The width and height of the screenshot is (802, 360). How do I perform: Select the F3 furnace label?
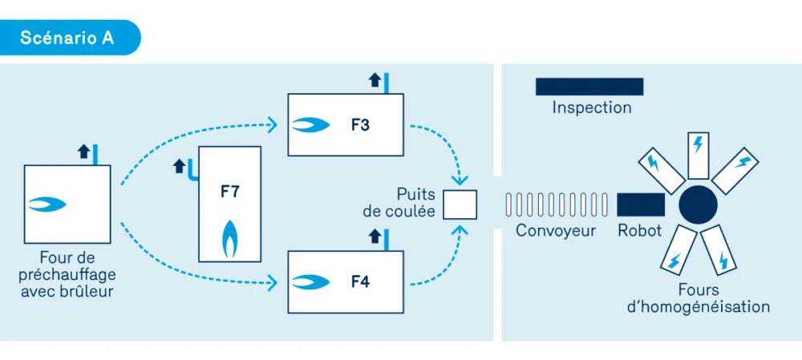360,125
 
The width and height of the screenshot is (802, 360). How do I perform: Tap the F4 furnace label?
360,281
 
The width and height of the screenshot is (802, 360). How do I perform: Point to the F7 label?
229,192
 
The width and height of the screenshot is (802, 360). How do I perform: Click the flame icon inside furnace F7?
229,239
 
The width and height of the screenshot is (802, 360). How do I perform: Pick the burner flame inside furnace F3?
310,124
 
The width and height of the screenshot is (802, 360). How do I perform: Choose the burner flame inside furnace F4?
310,281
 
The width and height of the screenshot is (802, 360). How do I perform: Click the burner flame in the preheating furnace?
47,204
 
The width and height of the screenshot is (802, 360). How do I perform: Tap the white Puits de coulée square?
460,204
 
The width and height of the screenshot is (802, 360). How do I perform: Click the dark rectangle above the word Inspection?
589,87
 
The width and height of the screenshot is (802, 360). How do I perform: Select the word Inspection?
592,108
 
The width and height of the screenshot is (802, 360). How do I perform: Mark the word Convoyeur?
556,231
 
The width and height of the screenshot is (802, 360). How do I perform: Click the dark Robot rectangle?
641,204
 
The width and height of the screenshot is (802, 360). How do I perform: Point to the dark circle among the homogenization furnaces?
699,204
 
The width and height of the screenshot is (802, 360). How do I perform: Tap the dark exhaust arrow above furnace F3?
375,79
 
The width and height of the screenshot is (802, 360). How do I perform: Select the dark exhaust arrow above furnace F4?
375,236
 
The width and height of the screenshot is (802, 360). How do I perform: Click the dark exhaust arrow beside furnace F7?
179,167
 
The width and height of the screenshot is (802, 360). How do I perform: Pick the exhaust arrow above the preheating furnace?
84,152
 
